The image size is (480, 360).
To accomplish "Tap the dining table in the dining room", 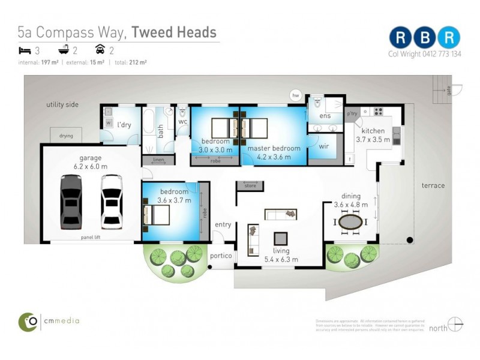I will [350, 223].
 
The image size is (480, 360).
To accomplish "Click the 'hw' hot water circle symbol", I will [295, 95].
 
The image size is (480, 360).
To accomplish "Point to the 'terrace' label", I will [433, 185].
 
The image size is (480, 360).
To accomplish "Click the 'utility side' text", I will [62, 104].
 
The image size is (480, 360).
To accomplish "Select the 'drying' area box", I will [66, 136].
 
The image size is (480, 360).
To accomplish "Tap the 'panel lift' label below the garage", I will [91, 237].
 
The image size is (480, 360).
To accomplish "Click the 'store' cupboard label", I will [250, 186].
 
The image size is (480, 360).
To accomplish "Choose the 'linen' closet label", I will [158, 160].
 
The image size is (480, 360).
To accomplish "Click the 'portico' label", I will [220, 255].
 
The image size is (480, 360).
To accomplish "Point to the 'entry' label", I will [223, 224].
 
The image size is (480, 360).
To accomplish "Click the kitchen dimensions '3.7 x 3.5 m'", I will [373, 139].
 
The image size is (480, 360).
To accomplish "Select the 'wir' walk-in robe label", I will [324, 145].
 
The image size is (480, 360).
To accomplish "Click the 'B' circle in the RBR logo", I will [425, 37].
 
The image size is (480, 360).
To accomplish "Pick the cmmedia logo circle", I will [28, 322].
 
